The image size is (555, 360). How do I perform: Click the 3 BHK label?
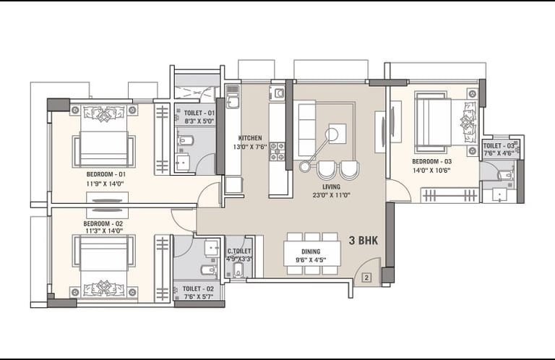tap(363, 241)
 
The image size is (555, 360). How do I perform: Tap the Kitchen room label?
tap(250, 138)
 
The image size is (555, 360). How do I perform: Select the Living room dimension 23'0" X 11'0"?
tap(331, 195)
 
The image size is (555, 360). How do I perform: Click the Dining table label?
tap(311, 252)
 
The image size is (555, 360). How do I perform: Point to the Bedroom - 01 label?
tap(106, 174)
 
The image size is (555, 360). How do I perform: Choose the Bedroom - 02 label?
tap(103, 223)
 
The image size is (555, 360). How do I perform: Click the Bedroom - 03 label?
tap(432, 161)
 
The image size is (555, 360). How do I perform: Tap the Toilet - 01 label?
tap(199, 113)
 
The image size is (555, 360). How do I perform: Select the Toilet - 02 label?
tap(198, 289)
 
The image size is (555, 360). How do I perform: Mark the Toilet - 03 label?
tap(499, 146)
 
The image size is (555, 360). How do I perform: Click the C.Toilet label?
tap(239, 252)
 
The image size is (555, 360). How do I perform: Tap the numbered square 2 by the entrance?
tap(366, 278)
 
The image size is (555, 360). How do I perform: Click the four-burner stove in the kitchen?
tap(277, 152)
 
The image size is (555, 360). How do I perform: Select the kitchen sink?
tap(233, 99)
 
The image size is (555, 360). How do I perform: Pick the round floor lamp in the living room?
tap(332, 134)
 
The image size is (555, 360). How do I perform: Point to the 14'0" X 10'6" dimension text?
tap(431, 171)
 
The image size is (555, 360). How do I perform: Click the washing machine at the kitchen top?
tap(277, 93)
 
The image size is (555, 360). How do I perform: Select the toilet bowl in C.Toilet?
tap(238, 270)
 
